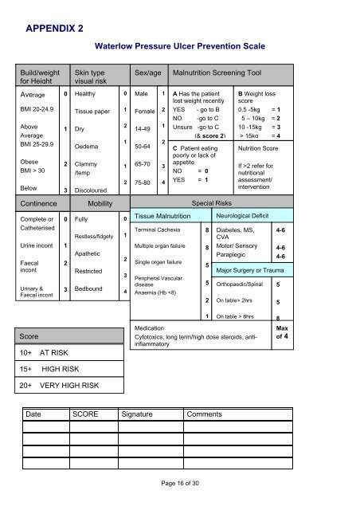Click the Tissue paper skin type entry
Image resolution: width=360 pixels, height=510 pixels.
tap(91, 111)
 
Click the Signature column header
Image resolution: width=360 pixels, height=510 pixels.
tap(142, 414)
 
